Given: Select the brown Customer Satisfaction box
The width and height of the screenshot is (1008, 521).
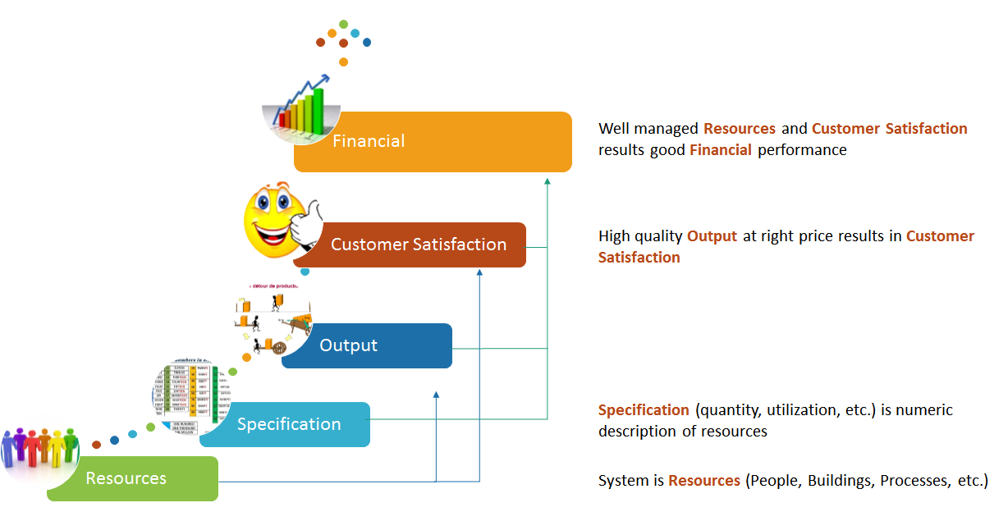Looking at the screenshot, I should point(419,245).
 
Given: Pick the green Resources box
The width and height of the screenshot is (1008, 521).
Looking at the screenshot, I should point(131,478).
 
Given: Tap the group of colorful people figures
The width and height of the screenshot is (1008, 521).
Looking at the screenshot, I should point(39,450).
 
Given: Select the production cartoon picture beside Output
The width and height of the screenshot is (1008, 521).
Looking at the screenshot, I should point(269,320).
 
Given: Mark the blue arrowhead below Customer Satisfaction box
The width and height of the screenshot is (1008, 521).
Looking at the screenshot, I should point(480,275).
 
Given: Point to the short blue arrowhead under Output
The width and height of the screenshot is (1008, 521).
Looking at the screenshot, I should point(436,395).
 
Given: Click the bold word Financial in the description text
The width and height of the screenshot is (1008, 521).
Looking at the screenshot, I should point(721,150).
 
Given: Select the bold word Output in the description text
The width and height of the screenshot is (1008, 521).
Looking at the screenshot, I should point(712,236).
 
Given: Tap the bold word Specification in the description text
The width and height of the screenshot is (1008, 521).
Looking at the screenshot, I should point(644,410).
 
